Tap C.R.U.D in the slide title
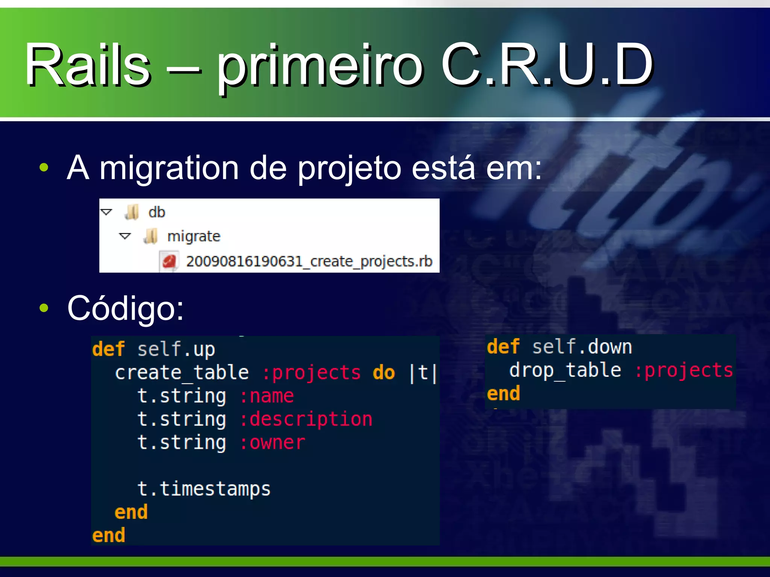point(547,65)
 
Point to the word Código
point(126,308)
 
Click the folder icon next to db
point(132,212)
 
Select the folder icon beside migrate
point(151,236)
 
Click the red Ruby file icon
point(169,261)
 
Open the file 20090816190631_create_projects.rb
point(309,261)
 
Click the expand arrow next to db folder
point(106,212)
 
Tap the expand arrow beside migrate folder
point(125,236)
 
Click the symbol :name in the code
point(267,396)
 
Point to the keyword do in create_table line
point(384,373)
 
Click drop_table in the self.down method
point(565,370)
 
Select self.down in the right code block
point(582,346)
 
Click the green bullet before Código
point(44,308)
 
